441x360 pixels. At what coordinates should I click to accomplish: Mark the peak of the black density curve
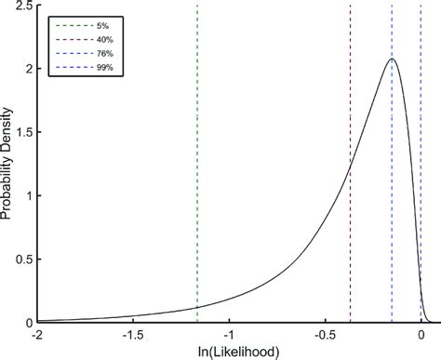click(392, 60)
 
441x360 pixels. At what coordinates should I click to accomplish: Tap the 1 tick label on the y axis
click(28, 196)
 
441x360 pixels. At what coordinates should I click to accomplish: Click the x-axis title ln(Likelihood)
click(229, 351)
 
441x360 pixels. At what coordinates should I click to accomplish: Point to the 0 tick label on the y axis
click(28, 323)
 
